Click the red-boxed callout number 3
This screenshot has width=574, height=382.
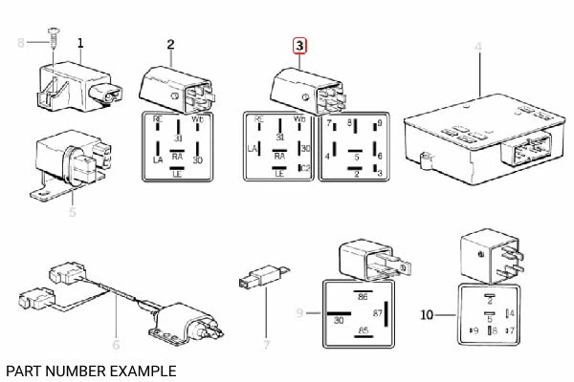(x=300, y=45)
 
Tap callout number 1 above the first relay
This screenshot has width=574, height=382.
(x=80, y=43)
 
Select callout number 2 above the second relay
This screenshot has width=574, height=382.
(x=170, y=44)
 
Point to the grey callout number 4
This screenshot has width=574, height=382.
(x=478, y=47)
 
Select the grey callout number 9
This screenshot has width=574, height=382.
(x=299, y=312)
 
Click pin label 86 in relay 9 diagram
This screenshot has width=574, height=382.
(x=363, y=298)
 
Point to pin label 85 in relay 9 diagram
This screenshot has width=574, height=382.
(x=363, y=331)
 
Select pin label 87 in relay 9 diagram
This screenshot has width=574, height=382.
(x=377, y=314)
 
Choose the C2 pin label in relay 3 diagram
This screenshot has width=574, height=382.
(x=306, y=168)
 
